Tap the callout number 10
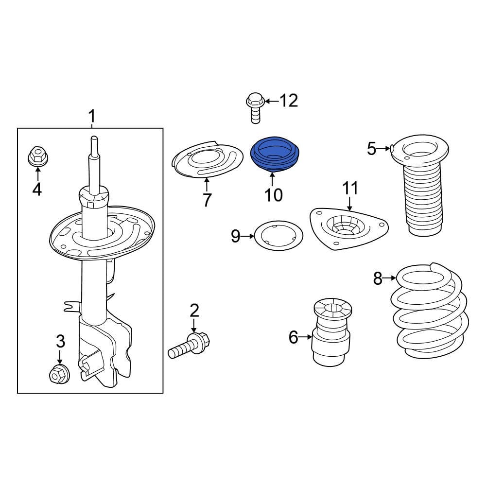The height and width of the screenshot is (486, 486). pos(274,195)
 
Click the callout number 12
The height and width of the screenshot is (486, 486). pos(289,101)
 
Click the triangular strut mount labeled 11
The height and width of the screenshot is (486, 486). pos(348,228)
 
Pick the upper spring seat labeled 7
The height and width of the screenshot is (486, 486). pos(208,160)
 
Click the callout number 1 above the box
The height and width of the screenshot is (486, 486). pos(91,117)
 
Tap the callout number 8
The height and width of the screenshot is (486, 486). pos(378,278)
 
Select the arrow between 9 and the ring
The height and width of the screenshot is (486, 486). pos(249,237)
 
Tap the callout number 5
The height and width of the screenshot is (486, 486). pos(372,149)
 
